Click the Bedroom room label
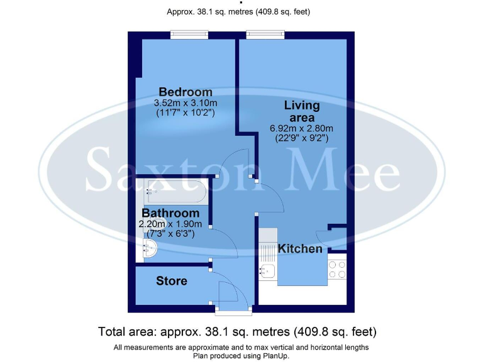point(185,92)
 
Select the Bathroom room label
point(170,214)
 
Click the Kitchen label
point(300,249)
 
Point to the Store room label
point(172,281)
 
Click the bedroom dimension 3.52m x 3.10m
point(186,103)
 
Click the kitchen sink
point(267,271)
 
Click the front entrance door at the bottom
point(233,309)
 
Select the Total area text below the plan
point(237,331)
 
